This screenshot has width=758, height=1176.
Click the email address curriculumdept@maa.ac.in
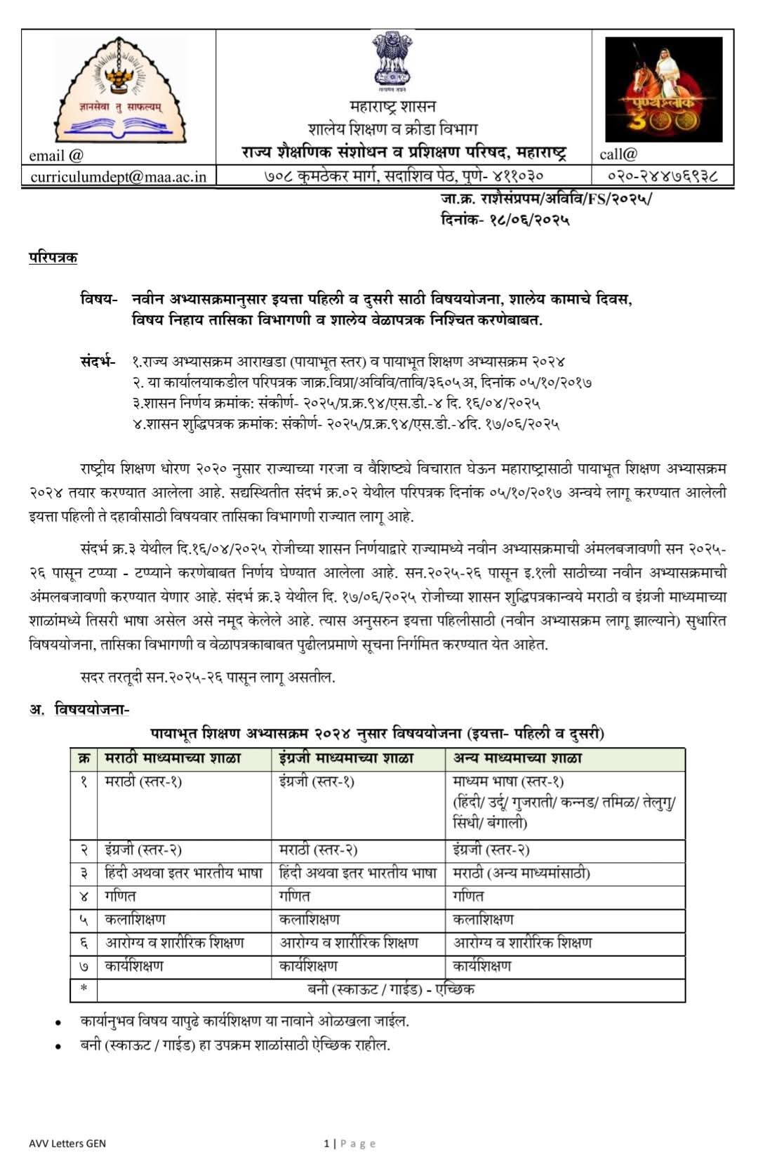click(119, 176)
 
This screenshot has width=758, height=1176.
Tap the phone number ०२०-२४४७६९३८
click(663, 176)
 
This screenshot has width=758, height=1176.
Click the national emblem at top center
click(393, 61)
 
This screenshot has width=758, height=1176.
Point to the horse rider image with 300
click(663, 89)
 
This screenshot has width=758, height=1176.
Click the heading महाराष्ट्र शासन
click(393, 107)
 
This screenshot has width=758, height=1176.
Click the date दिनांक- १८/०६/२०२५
click(505, 220)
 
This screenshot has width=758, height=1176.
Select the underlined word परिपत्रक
click(53, 258)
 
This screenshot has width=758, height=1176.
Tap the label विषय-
click(99, 299)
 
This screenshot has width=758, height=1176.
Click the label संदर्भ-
click(98, 362)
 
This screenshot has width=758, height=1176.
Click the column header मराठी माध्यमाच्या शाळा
click(173, 759)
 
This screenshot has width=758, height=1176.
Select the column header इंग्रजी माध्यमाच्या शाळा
click(346, 759)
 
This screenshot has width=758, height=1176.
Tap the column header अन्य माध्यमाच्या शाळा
click(517, 759)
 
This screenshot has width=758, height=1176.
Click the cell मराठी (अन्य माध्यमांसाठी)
click(521, 873)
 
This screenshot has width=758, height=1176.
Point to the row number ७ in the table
click(84, 967)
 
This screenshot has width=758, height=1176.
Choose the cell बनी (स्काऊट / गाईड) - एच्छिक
click(391, 990)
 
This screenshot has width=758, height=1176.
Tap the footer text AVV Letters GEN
click(67, 1144)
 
